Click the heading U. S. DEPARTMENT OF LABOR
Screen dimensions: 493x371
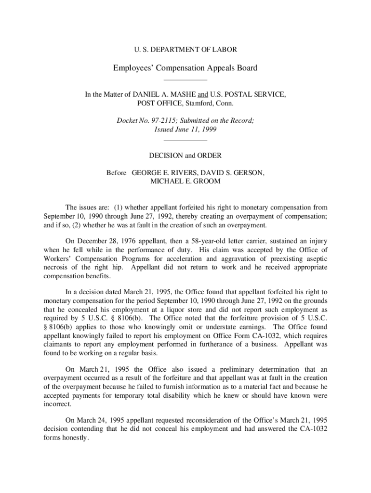coord(185,50)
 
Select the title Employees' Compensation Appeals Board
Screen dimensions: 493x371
coord(185,68)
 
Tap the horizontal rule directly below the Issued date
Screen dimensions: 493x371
coord(185,141)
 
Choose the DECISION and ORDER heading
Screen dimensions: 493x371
coord(185,156)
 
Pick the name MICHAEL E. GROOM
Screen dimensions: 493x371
coord(185,182)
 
